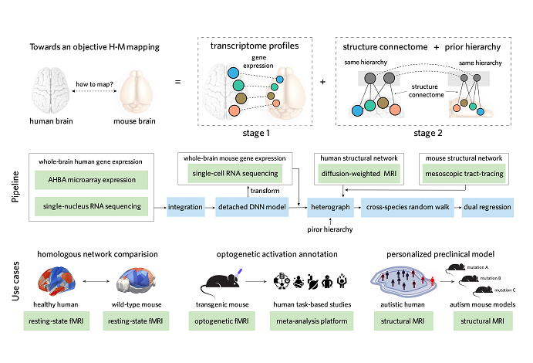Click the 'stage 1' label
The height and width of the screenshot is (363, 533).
tap(246, 132)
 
